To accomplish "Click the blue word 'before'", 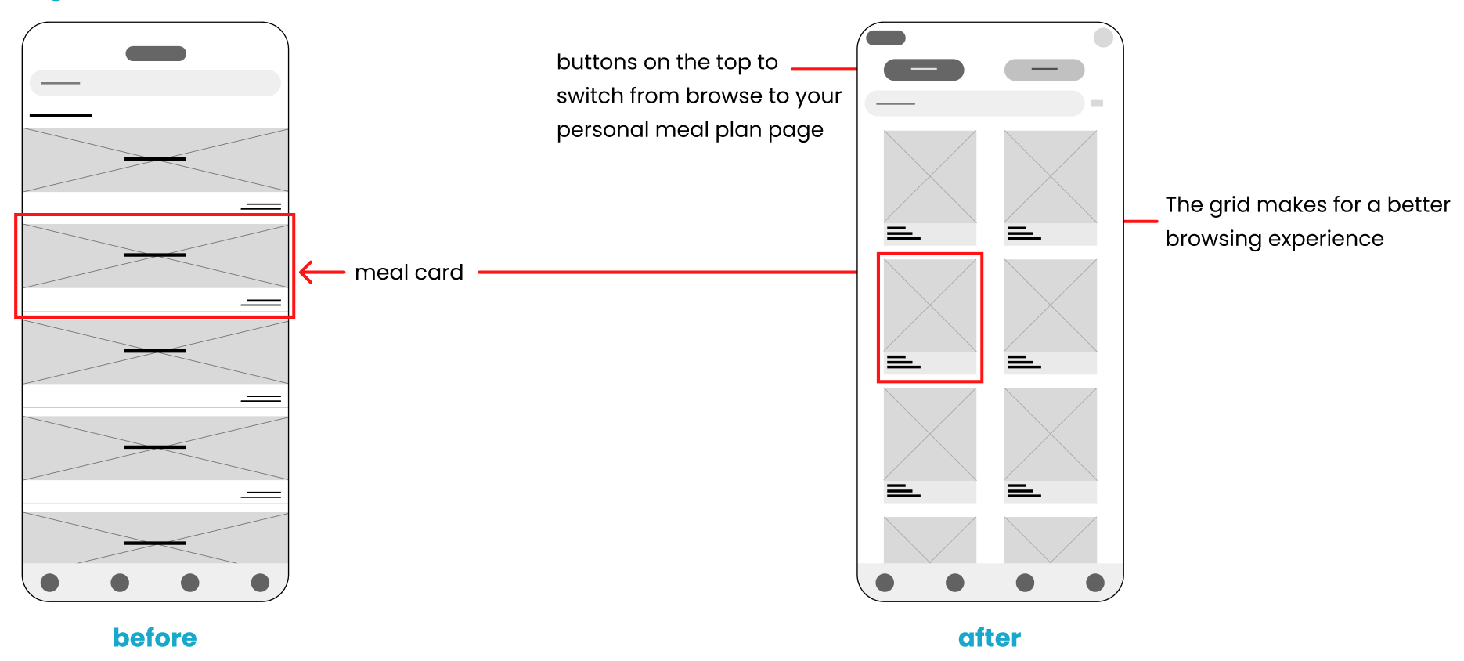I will coord(154,638).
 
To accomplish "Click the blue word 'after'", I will coord(990,638).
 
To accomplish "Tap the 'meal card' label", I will coord(409,273).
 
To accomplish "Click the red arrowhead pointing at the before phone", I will coord(306,272).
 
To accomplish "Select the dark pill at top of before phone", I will coord(156,53).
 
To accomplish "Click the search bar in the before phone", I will coord(155,83).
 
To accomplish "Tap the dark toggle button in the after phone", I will coord(924,70).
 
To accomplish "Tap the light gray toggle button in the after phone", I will coord(1044,70).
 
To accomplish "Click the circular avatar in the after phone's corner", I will coord(1103,37).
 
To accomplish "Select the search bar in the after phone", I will coord(974,103).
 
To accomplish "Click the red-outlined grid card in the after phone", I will coord(930,317).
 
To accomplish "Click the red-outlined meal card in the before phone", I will coord(155,265).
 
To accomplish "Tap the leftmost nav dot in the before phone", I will coord(49,583).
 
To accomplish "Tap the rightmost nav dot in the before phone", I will coord(260,583).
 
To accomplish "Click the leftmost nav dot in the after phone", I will coord(885,583).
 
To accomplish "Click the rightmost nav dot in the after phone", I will coord(1095,583).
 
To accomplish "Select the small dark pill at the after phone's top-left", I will coord(885,38).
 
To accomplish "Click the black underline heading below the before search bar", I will coord(61,115).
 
